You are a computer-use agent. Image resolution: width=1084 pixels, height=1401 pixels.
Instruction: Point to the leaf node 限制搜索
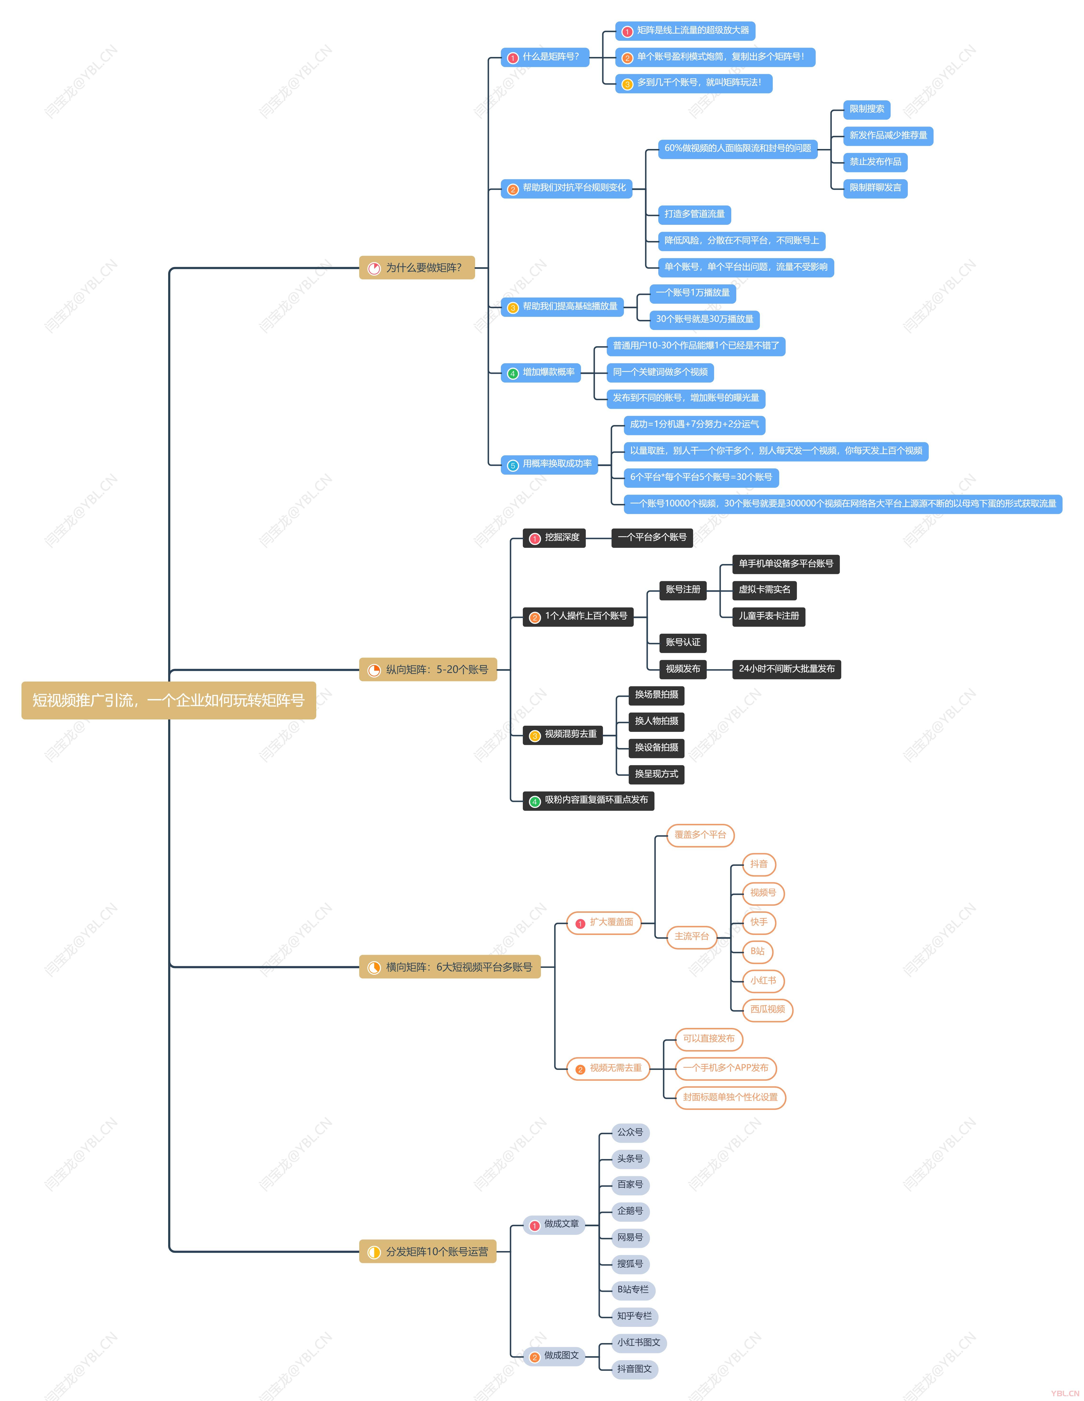[866, 109]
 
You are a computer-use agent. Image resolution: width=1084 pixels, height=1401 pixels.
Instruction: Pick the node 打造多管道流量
[695, 214]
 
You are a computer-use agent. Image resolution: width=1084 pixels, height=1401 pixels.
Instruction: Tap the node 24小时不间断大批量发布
[786, 669]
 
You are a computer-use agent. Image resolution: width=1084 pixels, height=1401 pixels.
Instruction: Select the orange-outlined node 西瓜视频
[768, 1010]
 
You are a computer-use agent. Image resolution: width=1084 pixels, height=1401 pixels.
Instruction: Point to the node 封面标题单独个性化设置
[730, 1098]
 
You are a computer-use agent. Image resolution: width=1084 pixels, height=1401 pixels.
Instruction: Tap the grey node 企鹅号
[630, 1212]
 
